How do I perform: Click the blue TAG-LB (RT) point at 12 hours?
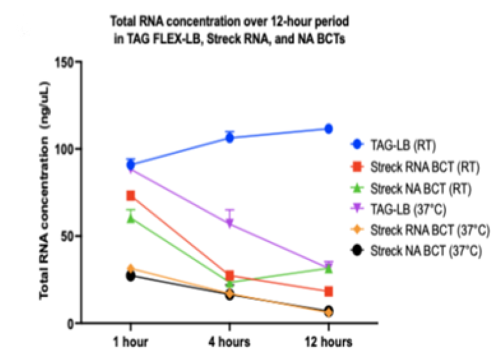point(328,129)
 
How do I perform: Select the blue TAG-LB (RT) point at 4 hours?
point(229,138)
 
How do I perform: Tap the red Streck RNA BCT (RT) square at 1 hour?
point(131,195)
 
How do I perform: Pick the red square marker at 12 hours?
point(328,291)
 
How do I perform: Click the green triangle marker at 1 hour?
point(131,218)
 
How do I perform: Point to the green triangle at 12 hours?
point(328,268)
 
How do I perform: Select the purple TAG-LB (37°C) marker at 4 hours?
point(229,224)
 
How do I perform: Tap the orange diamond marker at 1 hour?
point(131,268)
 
